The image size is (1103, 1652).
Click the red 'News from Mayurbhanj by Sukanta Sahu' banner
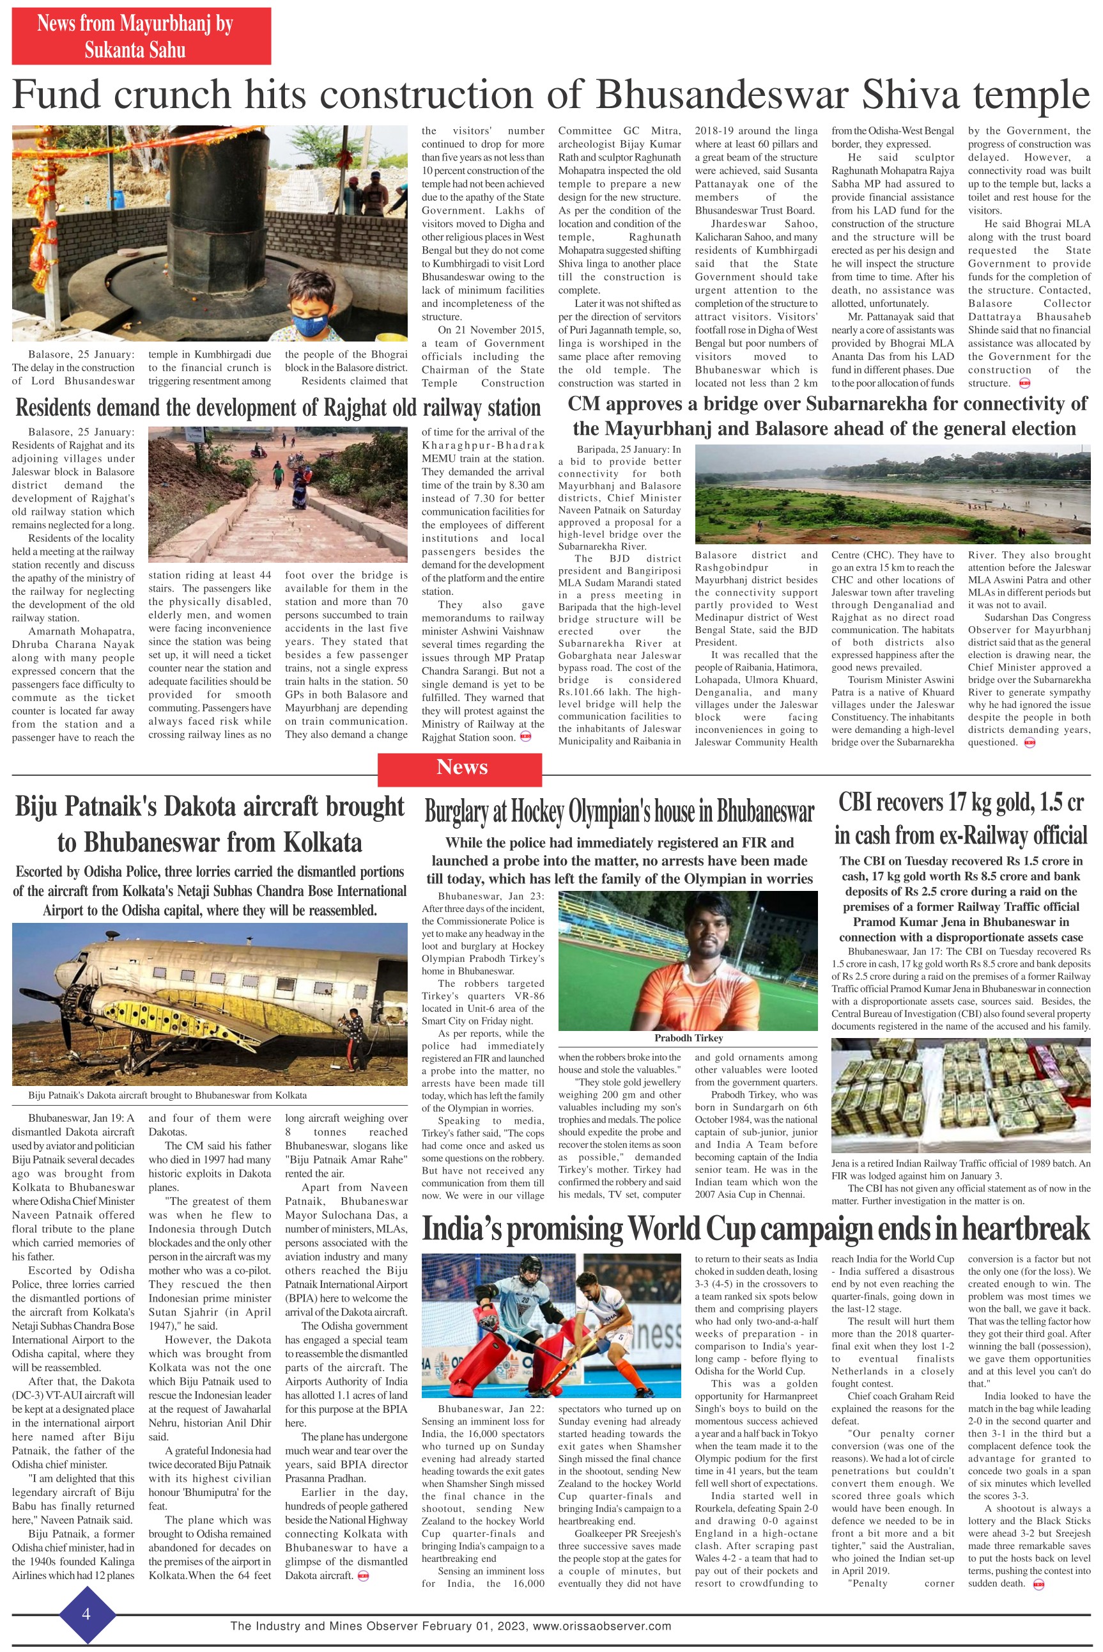[x=141, y=36]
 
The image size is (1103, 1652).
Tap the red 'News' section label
[x=461, y=767]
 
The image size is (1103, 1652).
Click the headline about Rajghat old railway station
[x=278, y=408]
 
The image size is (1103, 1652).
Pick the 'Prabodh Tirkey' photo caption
[x=688, y=1038]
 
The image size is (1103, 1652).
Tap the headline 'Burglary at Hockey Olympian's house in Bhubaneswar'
[x=619, y=812]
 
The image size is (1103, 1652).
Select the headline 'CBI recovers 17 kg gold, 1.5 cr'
[x=961, y=803]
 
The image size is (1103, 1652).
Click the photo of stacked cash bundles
[x=961, y=1095]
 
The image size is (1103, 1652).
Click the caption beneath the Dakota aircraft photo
[x=167, y=1095]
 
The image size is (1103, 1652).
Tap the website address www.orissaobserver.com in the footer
[x=602, y=1626]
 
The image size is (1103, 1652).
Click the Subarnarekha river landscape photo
[x=892, y=494]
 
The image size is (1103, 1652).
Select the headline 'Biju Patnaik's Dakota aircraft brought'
[x=210, y=806]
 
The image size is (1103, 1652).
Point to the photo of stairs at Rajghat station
[x=278, y=494]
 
